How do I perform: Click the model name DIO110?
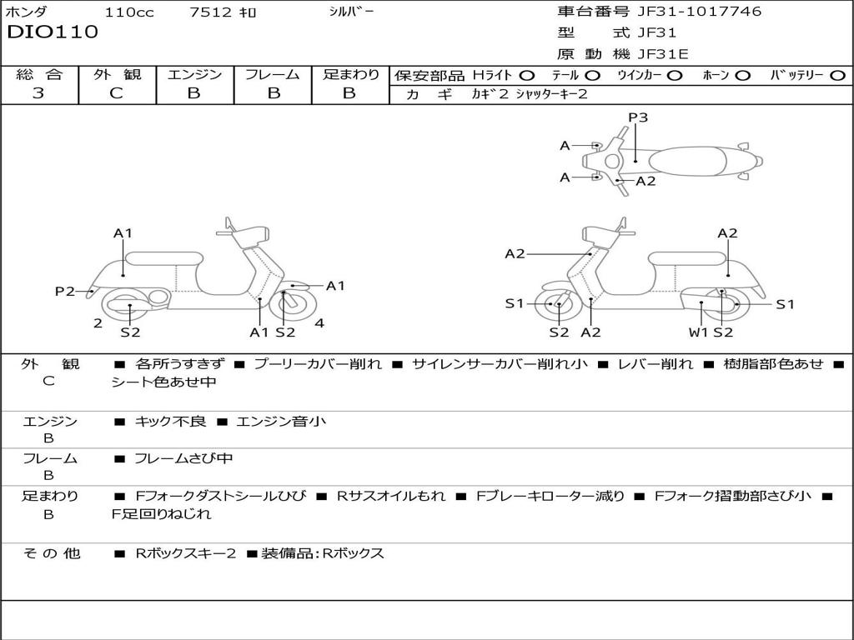click(x=53, y=32)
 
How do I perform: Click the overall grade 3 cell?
click(x=38, y=93)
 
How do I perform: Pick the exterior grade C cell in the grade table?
click(x=117, y=93)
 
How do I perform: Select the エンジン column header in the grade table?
click(x=194, y=74)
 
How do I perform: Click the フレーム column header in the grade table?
click(x=273, y=74)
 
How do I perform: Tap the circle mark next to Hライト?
click(x=527, y=75)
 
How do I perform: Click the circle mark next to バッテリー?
click(x=838, y=75)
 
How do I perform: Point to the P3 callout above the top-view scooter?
click(x=638, y=117)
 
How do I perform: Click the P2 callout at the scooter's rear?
click(x=65, y=291)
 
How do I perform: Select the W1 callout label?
click(x=698, y=332)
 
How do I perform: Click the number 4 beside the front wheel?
click(x=319, y=323)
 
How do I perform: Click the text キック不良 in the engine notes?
click(x=170, y=422)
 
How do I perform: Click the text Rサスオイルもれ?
click(x=391, y=496)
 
